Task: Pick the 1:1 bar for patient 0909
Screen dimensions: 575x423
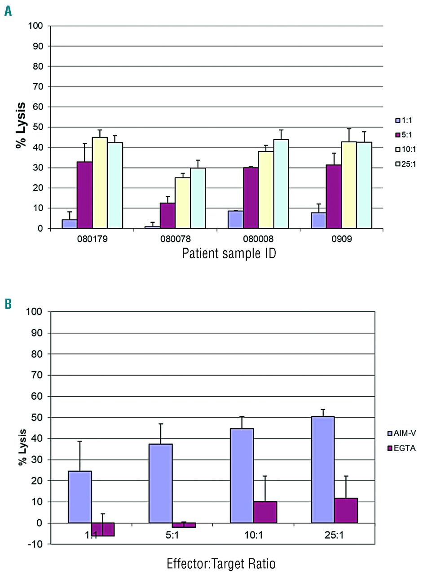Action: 318,220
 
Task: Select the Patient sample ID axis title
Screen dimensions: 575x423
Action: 229,254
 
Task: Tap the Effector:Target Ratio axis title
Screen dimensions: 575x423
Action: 221,564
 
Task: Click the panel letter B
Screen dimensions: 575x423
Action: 8,304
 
